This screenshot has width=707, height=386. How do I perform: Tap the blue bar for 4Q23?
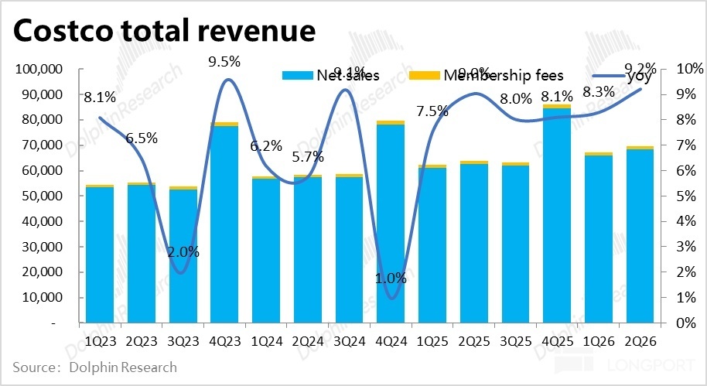[x=225, y=224]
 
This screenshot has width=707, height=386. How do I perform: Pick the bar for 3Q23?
[x=183, y=255]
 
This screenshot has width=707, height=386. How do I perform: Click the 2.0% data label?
[x=183, y=251]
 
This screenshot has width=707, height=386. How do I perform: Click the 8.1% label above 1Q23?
[x=100, y=97]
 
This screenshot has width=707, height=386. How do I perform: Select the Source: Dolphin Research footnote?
[x=94, y=367]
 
